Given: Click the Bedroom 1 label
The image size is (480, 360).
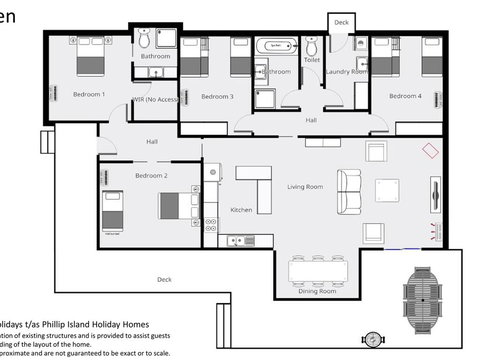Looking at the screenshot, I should tap(89, 95).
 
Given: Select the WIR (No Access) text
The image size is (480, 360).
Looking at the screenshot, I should tap(154, 100).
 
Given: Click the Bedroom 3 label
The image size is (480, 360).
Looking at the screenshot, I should tap(217, 96).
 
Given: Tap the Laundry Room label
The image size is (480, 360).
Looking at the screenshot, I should tap(346, 72).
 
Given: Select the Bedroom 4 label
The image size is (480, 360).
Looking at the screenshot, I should tap(405, 96).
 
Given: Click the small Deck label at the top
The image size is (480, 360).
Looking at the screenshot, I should tap(342, 21).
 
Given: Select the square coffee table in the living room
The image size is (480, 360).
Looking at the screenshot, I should tap(386, 191).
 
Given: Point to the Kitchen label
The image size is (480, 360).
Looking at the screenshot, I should tap(242, 210).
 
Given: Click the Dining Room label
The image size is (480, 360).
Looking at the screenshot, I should tap(318, 293).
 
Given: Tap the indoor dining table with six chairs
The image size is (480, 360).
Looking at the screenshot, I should tap(318, 270).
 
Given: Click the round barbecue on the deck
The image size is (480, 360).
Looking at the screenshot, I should tap(373, 340).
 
